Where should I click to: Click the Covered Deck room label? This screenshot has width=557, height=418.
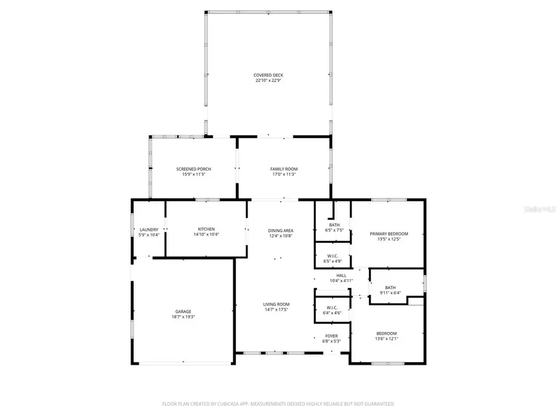(269, 75)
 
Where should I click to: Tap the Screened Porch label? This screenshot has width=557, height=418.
(194, 169)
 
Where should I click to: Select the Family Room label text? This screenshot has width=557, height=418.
(283, 169)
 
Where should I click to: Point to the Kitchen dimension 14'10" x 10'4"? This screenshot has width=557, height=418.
(206, 234)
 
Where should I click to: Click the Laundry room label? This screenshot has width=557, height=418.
(149, 229)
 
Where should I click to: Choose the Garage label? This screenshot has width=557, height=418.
(183, 311)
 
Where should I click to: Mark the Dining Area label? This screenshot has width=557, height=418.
(280, 230)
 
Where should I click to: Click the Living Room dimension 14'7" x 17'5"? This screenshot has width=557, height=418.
(276, 310)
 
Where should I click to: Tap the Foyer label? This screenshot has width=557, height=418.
(332, 335)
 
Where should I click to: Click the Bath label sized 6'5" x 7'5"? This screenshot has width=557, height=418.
(334, 225)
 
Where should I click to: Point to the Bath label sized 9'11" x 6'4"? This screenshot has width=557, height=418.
(390, 287)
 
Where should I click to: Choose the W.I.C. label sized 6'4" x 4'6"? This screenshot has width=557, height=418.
(332, 308)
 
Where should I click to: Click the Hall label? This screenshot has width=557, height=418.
(342, 276)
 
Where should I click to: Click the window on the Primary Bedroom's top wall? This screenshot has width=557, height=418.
(389, 199)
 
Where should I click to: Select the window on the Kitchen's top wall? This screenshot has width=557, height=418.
(207, 199)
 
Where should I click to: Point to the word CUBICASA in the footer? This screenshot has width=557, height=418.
(228, 404)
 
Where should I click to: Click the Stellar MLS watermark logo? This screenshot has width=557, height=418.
(539, 209)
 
